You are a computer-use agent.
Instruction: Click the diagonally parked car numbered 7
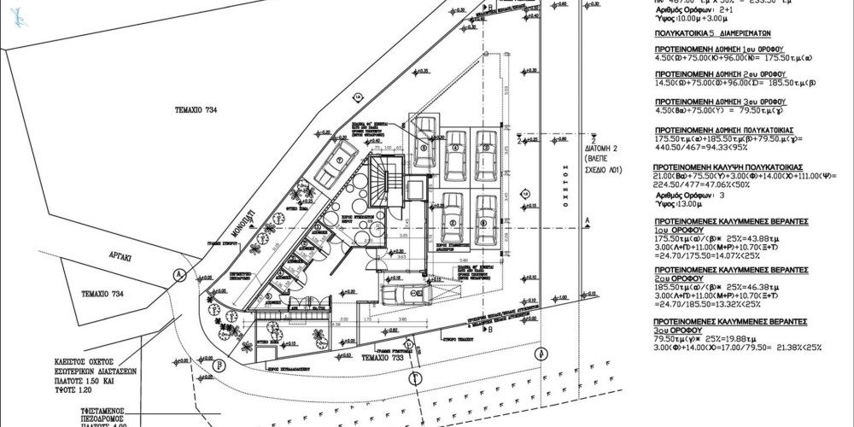(x=336, y=161)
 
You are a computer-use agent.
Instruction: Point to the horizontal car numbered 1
(x=402, y=293)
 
